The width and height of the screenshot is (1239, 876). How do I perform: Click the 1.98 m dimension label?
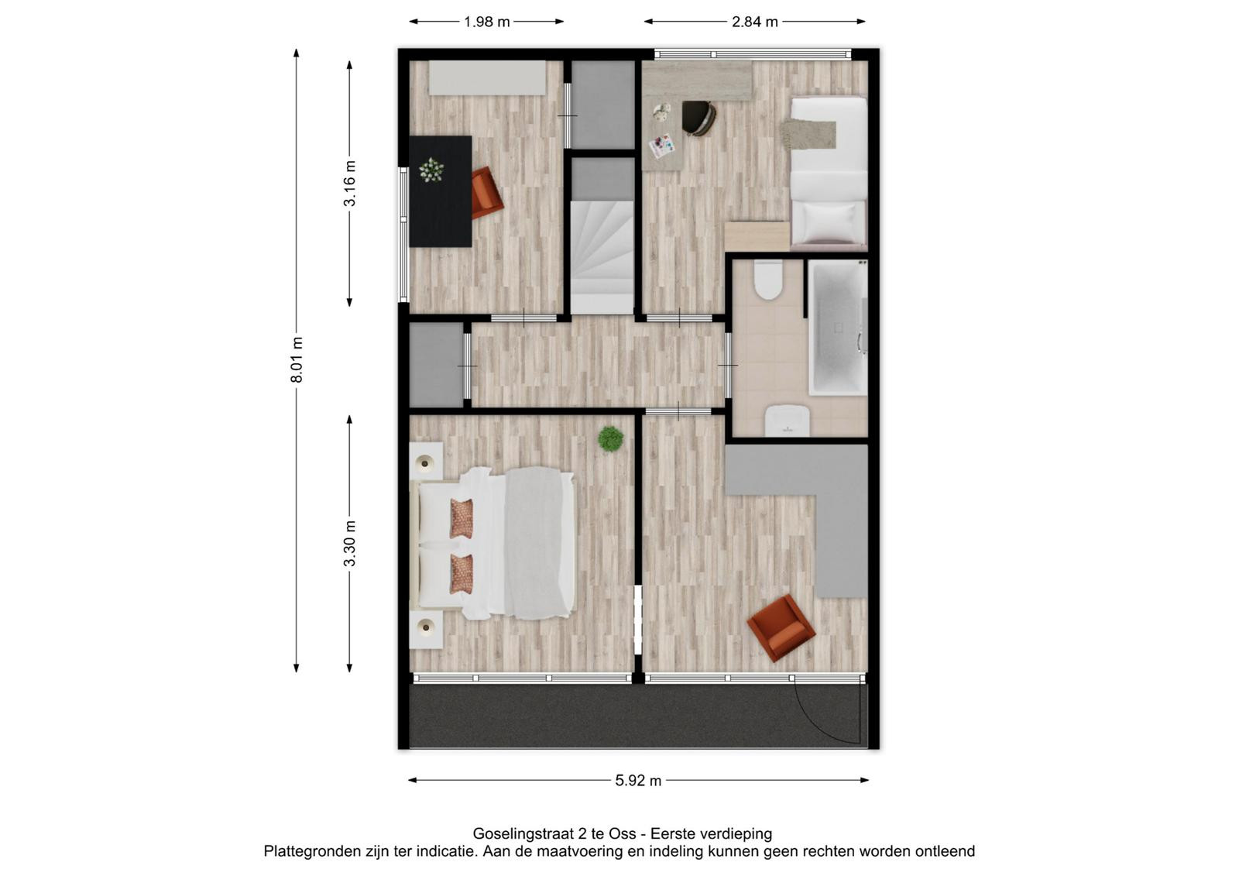486,22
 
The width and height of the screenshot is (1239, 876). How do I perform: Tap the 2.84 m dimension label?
754,22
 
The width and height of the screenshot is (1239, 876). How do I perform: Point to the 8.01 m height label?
297,359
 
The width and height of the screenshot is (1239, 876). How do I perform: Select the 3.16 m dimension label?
349,183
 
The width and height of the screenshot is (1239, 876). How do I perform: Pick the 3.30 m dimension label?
349,544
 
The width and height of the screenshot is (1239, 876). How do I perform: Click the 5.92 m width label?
638,781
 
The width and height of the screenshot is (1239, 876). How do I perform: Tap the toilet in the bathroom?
767,280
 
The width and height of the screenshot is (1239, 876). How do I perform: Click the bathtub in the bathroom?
837,328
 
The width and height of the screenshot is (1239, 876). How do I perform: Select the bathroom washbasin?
787,420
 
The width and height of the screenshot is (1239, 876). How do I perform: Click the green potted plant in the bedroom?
611,439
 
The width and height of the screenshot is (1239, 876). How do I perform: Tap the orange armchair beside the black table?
486,192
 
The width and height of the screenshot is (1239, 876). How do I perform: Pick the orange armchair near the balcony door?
781,627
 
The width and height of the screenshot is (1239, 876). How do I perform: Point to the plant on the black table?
431,170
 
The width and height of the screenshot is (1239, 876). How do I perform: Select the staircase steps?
602,257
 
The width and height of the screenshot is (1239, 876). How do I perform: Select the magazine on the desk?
662,146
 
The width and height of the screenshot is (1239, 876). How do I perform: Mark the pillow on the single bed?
829,221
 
